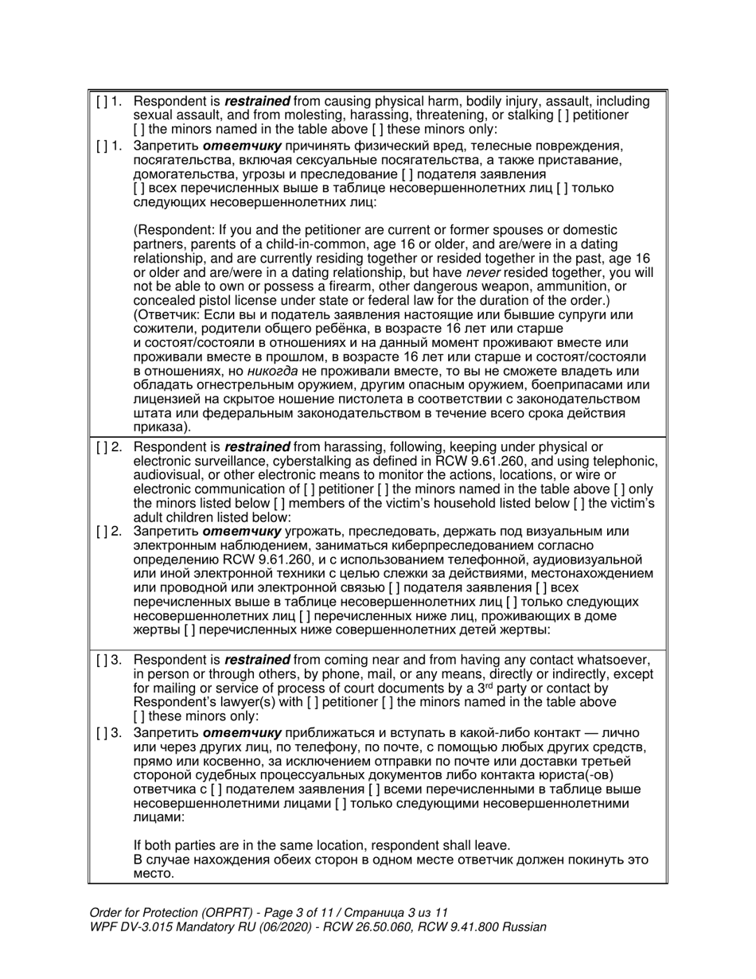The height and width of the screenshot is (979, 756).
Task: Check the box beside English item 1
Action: click(101, 102)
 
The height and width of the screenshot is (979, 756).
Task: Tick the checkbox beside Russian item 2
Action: click(101, 532)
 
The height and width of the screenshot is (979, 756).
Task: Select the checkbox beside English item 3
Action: click(101, 660)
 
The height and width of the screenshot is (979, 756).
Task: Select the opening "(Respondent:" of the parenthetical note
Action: click(173, 232)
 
